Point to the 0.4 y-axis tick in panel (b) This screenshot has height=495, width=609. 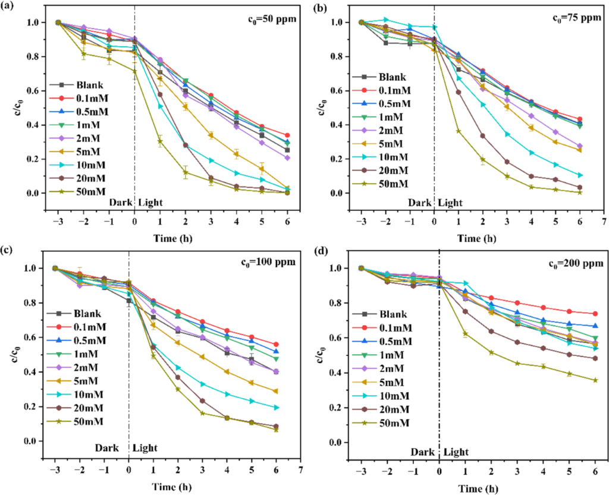[x=325, y=125]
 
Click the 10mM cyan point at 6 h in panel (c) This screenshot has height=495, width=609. [x=276, y=408]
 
